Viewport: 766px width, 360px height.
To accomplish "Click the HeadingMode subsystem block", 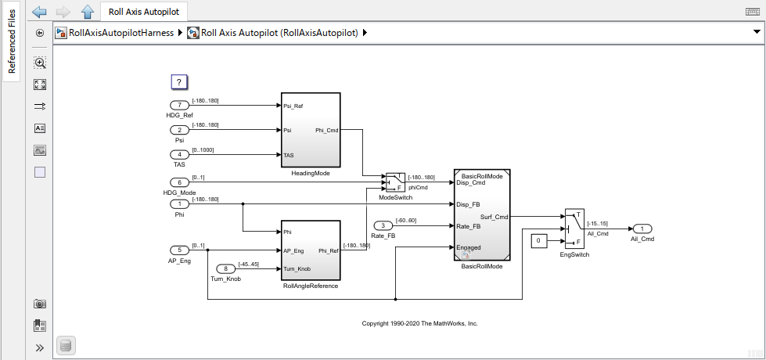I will (310, 129).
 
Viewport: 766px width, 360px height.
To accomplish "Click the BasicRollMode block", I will (482, 214).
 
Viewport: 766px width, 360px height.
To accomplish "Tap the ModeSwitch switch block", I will (394, 182).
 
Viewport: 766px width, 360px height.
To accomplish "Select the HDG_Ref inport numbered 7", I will (179, 105).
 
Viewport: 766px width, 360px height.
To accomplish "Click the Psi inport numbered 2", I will (179, 130).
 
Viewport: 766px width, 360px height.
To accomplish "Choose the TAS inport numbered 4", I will (179, 155).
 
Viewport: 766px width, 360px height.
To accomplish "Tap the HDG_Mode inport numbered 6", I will (179, 182).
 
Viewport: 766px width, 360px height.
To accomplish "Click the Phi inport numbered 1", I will (179, 203).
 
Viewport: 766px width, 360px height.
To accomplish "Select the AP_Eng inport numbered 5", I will (179, 250).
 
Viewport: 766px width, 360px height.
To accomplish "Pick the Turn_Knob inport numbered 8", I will (226, 268).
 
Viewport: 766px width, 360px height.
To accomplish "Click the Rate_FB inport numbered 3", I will (383, 225).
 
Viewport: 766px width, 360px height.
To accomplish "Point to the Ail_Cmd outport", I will (642, 229).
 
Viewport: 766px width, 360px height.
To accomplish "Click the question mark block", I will (179, 82).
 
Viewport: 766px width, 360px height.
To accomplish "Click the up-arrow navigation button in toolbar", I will (88, 12).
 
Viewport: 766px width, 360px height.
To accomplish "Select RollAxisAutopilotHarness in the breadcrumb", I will (117, 33).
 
